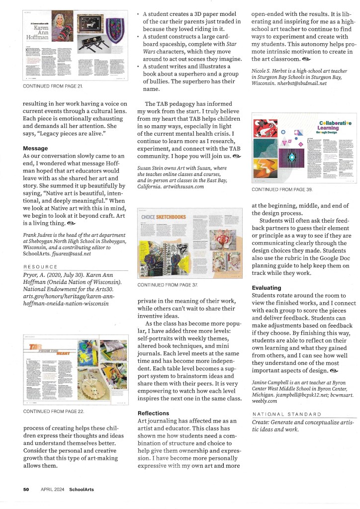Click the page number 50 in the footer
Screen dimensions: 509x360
tap(26, 489)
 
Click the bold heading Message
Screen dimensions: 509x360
tap(35, 148)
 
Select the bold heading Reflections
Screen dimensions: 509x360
tap(154, 413)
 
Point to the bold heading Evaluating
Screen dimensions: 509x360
tap(267, 287)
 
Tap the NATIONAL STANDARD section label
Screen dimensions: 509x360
tap(286, 414)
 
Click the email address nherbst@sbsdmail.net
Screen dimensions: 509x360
tap(298, 84)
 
